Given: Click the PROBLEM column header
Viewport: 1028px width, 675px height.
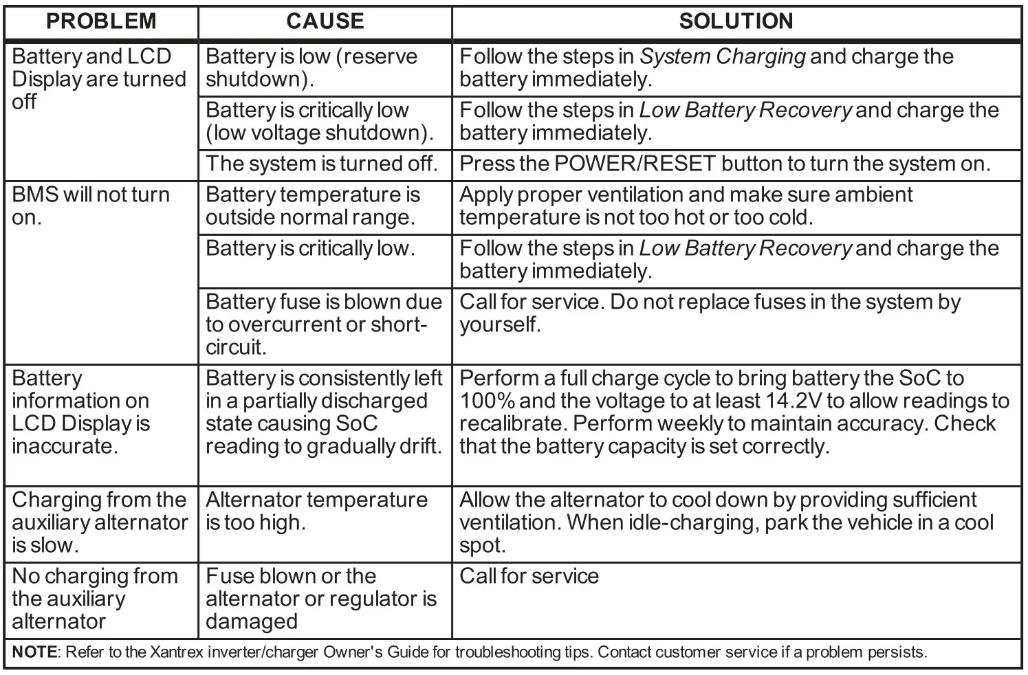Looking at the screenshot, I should (x=101, y=21).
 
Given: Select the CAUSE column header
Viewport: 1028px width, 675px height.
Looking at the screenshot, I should (x=325, y=21).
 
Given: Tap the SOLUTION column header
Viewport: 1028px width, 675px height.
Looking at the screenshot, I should (x=736, y=21).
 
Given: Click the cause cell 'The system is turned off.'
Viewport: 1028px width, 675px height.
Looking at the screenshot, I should (x=321, y=164).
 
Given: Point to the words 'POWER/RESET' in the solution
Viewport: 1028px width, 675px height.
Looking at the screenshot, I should (x=635, y=164).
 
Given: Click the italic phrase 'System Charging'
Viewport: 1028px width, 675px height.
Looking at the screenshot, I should (x=722, y=56).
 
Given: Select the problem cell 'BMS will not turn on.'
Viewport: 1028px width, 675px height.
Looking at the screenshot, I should (x=91, y=206).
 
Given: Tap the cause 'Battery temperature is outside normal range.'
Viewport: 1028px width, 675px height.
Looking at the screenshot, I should (x=313, y=206).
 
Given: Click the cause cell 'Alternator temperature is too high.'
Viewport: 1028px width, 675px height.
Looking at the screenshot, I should (x=316, y=511).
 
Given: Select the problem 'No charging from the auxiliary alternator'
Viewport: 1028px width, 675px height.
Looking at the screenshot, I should (x=95, y=598).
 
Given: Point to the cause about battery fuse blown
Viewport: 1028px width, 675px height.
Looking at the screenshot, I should (x=323, y=324).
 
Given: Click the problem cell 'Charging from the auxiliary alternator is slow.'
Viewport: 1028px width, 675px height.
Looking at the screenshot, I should (x=99, y=522).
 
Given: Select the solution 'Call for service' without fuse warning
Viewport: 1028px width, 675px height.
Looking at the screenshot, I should (x=529, y=576).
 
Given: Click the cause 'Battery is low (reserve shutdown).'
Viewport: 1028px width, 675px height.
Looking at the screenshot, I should (x=311, y=67).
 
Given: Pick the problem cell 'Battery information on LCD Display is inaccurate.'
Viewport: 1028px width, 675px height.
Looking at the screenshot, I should (x=80, y=412).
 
